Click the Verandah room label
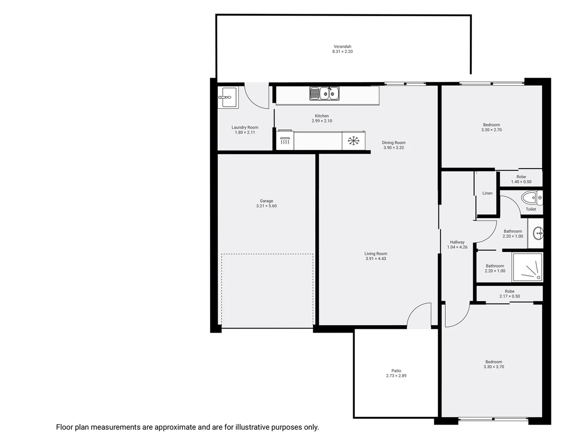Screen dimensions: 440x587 342,46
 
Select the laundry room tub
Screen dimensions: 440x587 228,98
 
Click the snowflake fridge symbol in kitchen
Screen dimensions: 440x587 353,141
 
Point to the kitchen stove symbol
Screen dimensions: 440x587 285,141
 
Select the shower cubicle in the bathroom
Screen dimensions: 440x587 528,267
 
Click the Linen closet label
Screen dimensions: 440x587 487,193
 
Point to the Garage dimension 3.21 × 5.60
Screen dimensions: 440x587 266,206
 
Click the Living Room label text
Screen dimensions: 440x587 376,254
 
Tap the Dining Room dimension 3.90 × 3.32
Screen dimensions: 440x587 394,148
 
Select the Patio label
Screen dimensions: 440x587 396,371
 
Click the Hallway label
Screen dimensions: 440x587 457,242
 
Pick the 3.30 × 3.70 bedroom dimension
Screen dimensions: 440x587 494,367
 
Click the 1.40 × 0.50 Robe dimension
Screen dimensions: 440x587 521,182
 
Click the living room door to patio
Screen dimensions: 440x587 419,316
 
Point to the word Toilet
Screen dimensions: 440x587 531,209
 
